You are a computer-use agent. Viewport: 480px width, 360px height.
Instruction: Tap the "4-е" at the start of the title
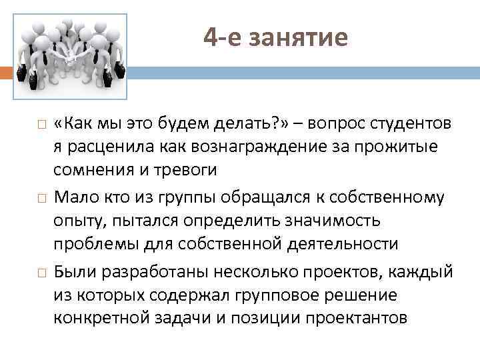(223, 37)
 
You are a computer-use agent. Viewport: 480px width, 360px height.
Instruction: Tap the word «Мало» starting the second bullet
(75, 199)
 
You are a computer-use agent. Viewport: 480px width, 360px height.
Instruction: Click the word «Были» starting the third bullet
(74, 273)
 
